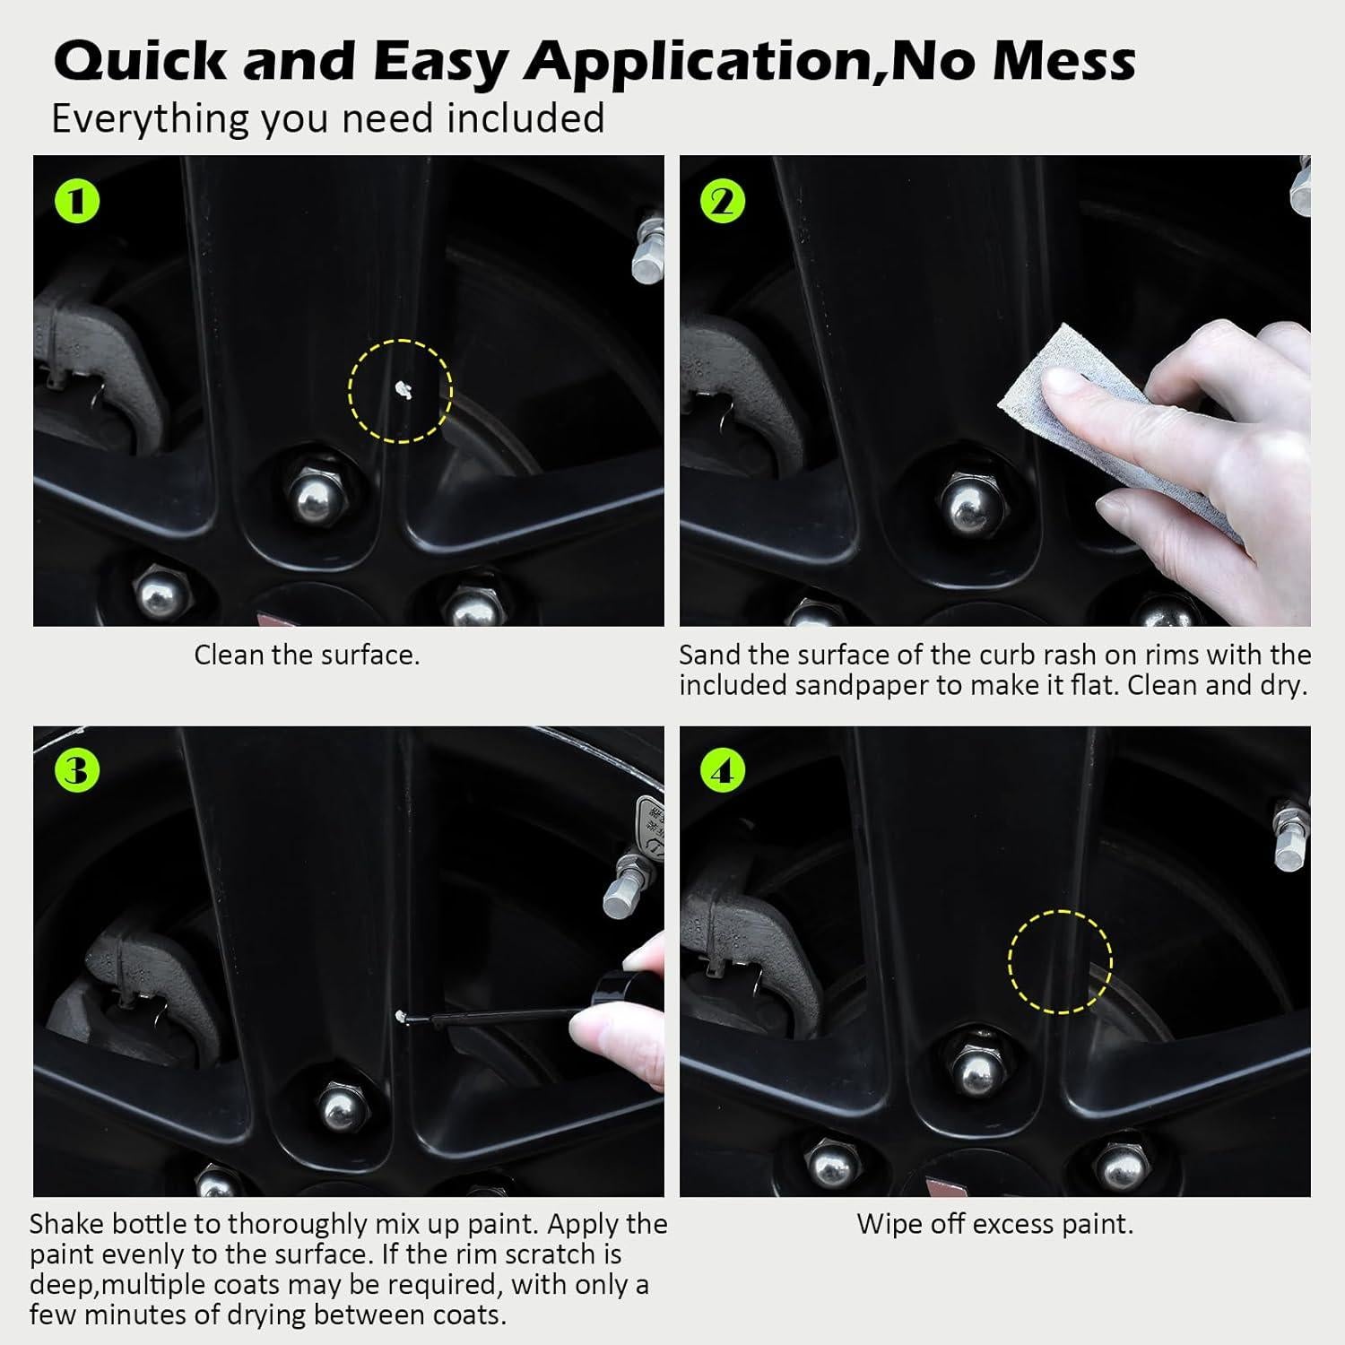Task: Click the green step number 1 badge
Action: click(x=77, y=202)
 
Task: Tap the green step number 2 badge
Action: click(x=723, y=202)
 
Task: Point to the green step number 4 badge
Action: click(x=723, y=771)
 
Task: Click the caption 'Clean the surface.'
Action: click(x=307, y=655)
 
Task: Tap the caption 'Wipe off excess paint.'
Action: click(x=995, y=1224)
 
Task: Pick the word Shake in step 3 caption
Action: click(x=70, y=1224)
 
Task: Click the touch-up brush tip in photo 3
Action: click(x=403, y=1017)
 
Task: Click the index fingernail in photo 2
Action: click(x=1065, y=383)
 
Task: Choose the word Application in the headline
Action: click(x=697, y=63)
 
